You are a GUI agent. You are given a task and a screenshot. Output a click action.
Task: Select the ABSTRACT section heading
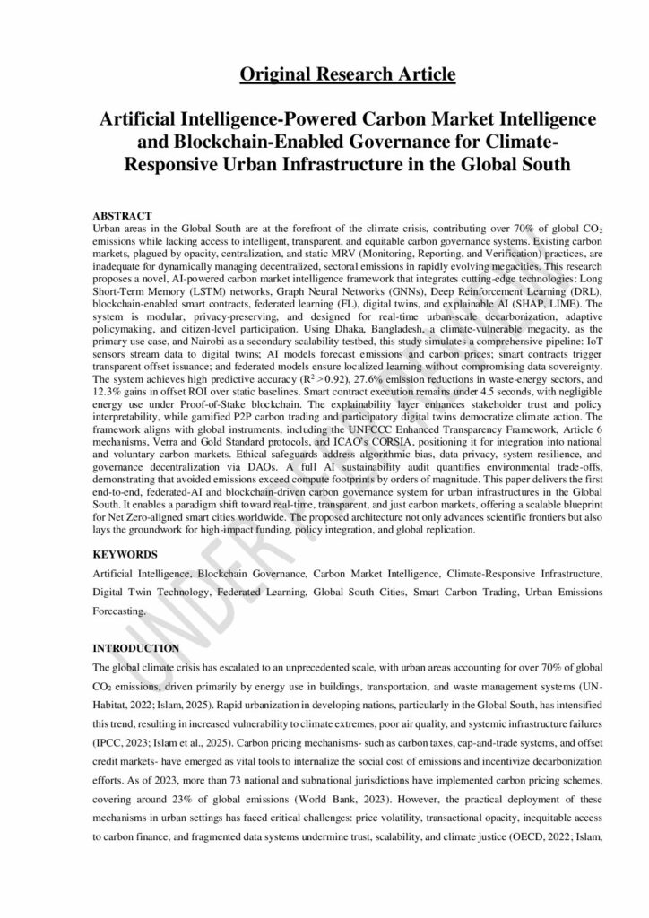[x=123, y=218]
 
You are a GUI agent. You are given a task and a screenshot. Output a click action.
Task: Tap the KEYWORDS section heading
[x=125, y=555]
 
